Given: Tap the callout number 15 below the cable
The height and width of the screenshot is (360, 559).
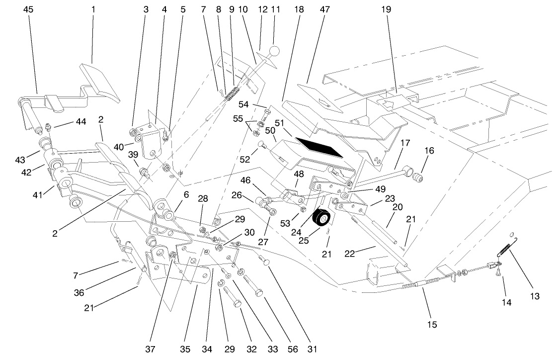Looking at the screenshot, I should (431, 325).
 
